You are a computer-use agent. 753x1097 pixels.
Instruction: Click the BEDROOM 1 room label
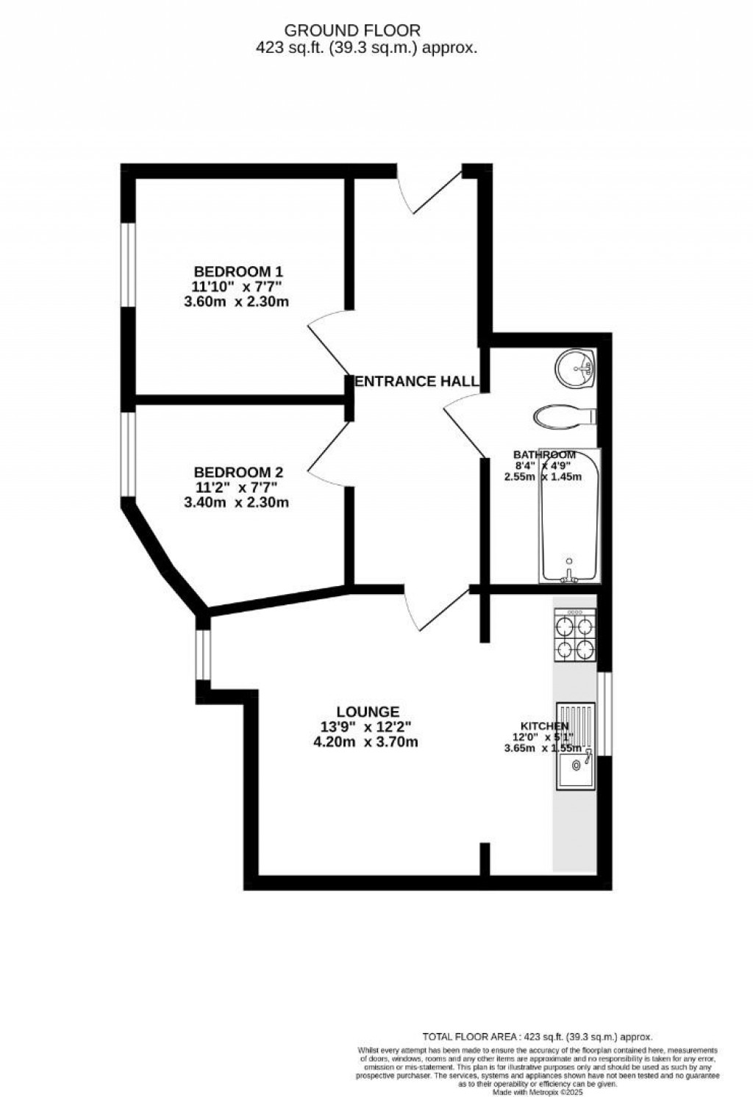(x=238, y=271)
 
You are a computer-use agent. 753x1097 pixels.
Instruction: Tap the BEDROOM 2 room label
(x=238, y=472)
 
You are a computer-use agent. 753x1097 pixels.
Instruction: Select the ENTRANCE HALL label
(x=417, y=381)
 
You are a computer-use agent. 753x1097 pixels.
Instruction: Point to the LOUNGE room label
(x=368, y=712)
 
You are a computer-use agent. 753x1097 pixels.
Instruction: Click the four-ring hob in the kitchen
(x=574, y=637)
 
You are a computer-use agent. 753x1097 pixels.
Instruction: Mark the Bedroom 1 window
(x=128, y=265)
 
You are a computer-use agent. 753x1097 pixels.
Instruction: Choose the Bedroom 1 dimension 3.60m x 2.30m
(x=236, y=301)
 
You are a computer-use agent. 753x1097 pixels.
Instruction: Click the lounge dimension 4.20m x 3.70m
(x=365, y=741)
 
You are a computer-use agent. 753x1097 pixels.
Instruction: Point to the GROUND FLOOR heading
(x=352, y=31)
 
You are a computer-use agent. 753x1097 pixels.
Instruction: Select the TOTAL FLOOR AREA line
(x=537, y=1035)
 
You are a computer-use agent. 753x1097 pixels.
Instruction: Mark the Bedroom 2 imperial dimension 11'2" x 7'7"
(x=236, y=487)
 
